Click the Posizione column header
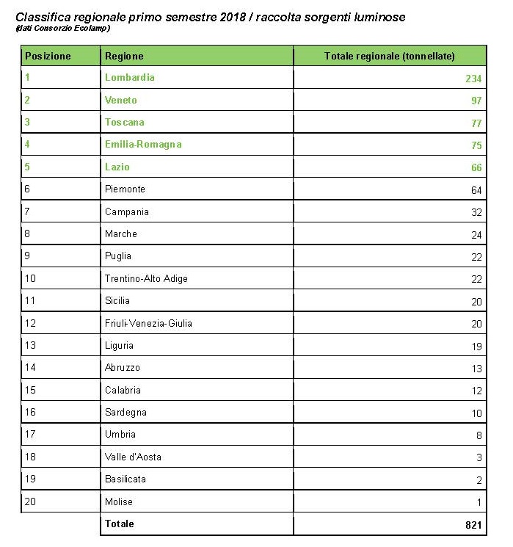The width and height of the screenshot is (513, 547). [48, 56]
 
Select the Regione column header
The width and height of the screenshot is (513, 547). [124, 56]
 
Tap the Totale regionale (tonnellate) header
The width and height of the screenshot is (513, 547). [389, 56]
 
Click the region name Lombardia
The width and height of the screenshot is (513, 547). [130, 77]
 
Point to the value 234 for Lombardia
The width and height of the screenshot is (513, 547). [473, 79]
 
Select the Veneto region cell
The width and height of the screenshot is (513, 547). [121, 100]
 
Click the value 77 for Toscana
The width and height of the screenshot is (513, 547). [476, 123]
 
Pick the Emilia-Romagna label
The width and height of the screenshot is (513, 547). [143, 144]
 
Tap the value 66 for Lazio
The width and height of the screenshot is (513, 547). [476, 168]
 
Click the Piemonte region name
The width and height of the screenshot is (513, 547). [125, 189]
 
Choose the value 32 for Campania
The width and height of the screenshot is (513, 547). [476, 213]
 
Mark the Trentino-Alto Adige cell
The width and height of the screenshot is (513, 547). [146, 278]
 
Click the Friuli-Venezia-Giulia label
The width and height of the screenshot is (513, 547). [149, 323]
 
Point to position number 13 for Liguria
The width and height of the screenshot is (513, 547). [30, 345]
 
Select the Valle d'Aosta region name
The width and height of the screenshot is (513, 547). [133, 457]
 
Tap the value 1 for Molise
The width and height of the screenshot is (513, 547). [479, 503]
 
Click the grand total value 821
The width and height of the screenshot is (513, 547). [473, 525]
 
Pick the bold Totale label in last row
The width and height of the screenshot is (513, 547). [120, 524]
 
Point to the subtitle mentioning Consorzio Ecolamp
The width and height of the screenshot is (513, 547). [62, 28]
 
